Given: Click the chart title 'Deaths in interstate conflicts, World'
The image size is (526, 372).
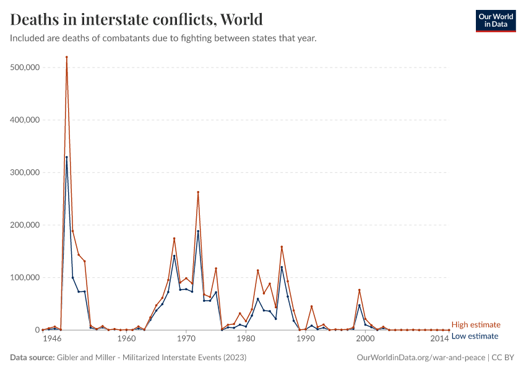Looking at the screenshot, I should coord(136,19).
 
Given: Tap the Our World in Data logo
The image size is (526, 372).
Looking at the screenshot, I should coord(495,20).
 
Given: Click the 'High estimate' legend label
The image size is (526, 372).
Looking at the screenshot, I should coord(475,324).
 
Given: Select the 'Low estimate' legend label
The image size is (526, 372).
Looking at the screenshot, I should coord(475,336).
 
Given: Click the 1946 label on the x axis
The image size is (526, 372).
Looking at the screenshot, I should coord(52,340).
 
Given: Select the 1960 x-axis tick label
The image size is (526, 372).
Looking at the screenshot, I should coord(126,340).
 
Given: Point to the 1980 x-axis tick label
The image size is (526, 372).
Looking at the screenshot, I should coord(246,340).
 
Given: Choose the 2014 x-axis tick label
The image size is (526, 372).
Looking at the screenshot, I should coord(439,340).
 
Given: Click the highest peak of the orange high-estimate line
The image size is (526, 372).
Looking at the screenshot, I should coord(66,57).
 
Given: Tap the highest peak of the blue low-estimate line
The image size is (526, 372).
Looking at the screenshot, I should coord(66,157).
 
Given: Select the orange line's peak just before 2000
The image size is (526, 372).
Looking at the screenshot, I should coord(359,290).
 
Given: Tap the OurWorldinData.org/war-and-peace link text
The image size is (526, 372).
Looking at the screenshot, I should coord(421,358).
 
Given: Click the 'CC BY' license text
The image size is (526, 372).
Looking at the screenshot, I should coord(504,358).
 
